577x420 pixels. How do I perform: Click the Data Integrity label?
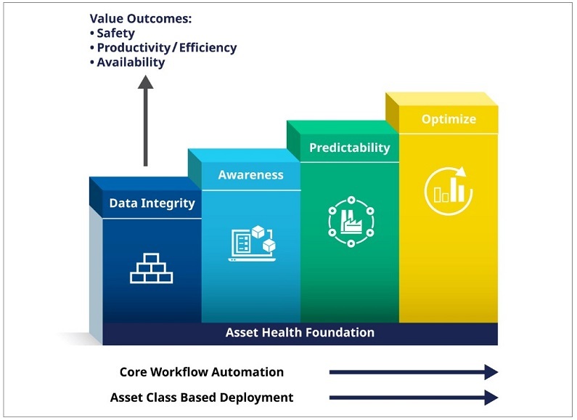[x=152, y=203]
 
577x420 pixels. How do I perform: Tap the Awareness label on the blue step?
[x=250, y=175]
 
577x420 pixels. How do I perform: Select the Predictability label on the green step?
[x=349, y=148]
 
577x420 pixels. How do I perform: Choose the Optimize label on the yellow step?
[x=449, y=119]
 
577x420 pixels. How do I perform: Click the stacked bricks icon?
[x=151, y=267]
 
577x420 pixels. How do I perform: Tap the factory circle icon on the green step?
[x=351, y=221]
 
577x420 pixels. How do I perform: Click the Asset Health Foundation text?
[x=300, y=333]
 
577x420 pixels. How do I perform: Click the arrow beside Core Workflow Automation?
[x=413, y=372]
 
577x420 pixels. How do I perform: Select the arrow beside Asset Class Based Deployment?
[x=413, y=397]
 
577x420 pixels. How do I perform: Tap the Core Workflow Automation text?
[x=202, y=372]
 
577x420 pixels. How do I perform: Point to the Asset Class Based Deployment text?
[x=202, y=397]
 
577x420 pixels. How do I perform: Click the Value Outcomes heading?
[x=145, y=19]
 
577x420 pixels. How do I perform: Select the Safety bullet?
[x=115, y=33]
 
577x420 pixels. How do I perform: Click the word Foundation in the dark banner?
[x=340, y=333]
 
